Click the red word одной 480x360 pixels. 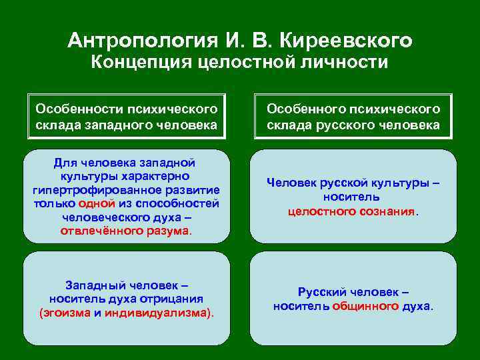[95, 203]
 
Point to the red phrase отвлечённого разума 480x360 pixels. [125, 231]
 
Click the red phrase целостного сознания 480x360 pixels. [351, 211]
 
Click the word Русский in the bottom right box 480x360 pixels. [323, 292]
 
